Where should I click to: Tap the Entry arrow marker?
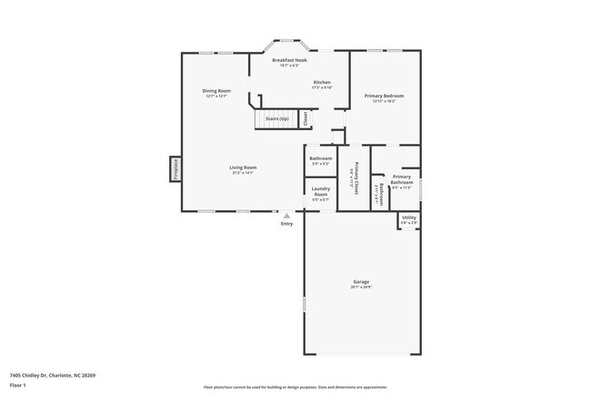click(x=286, y=216)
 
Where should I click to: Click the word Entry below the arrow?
click(x=286, y=223)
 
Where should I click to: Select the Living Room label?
click(x=242, y=167)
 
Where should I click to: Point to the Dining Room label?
click(x=216, y=90)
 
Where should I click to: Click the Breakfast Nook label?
click(x=289, y=60)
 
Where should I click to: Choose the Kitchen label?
click(x=322, y=82)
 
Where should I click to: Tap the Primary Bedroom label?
click(x=385, y=96)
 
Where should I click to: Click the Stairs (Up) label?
click(x=276, y=119)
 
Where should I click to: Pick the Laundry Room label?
click(x=320, y=192)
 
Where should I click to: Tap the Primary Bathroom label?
click(x=402, y=180)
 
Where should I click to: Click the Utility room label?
click(x=409, y=218)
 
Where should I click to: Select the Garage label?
click(x=361, y=282)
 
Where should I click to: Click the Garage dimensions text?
click(x=361, y=288)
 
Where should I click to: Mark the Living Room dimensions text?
click(x=242, y=173)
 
